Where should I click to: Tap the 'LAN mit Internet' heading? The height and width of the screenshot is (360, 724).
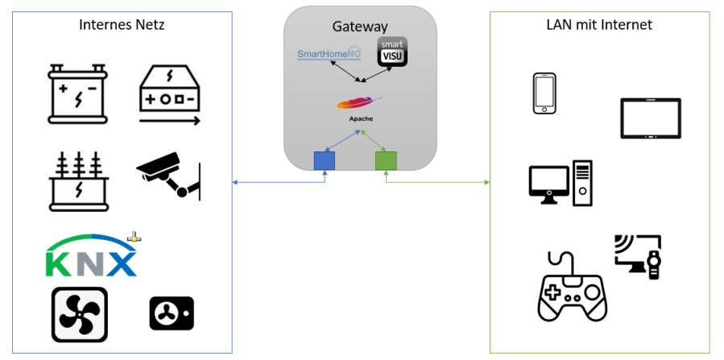click(599, 25)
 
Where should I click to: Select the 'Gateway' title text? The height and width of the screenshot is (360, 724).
click(359, 27)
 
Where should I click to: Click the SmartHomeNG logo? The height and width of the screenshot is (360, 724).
click(329, 54)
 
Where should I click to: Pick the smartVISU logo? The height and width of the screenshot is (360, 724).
click(392, 52)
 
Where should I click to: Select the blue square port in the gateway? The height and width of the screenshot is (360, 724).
click(324, 161)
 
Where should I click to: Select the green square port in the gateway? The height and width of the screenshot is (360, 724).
click(386, 161)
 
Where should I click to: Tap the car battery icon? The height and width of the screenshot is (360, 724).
click(77, 95)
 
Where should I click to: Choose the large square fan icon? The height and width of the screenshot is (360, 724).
click(79, 315)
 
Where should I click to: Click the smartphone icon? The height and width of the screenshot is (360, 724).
click(545, 93)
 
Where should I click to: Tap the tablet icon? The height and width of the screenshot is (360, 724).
click(650, 118)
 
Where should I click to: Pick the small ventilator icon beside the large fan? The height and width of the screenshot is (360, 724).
click(171, 313)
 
